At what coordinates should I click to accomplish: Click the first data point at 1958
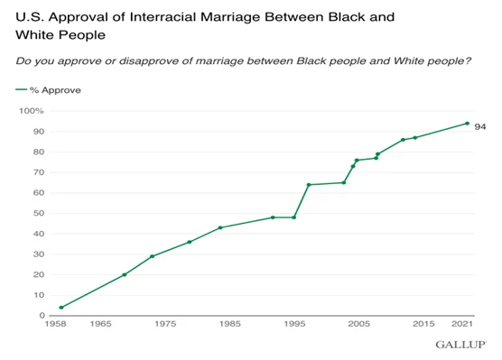tap(61, 308)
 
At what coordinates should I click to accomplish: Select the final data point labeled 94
tap(467, 124)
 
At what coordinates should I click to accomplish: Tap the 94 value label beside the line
tap(480, 127)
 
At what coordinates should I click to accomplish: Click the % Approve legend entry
tap(49, 90)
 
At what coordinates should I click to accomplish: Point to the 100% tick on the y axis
tap(32, 111)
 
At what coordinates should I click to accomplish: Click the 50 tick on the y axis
tap(39, 213)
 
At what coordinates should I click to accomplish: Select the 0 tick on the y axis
tap(42, 316)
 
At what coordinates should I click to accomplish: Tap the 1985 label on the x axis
tap(229, 324)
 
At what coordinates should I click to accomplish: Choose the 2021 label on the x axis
tap(462, 324)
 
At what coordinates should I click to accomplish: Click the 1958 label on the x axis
tap(56, 324)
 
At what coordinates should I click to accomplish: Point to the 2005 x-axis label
tap(358, 324)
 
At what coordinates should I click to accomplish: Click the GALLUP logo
tap(460, 345)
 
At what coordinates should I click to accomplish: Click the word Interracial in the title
tap(163, 16)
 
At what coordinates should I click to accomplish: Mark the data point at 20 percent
tap(125, 274)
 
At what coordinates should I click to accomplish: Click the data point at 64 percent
tap(309, 185)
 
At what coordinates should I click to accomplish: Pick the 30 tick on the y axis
tap(39, 254)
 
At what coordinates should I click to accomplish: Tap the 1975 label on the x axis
tap(165, 324)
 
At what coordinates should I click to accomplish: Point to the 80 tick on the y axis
tap(39, 152)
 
